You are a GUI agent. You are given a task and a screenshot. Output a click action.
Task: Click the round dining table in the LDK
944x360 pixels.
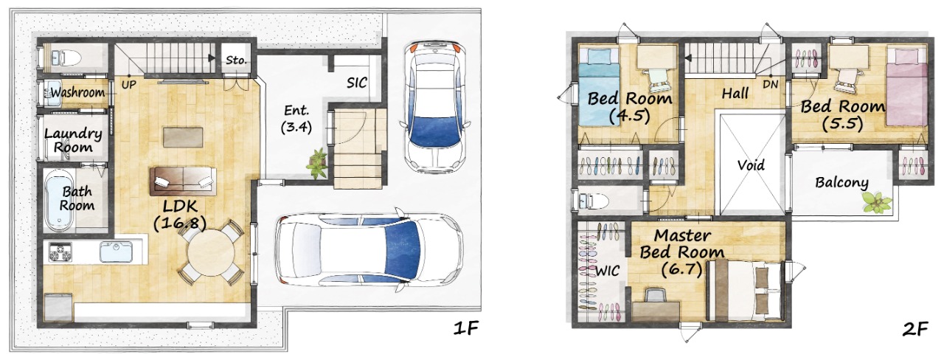click(x=211, y=253)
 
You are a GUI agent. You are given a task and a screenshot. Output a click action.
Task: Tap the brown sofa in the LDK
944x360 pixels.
click(x=182, y=181)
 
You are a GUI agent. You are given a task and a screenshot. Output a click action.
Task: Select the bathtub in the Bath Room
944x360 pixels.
click(x=59, y=201)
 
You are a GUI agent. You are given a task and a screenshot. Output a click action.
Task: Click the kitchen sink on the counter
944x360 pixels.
click(x=116, y=252)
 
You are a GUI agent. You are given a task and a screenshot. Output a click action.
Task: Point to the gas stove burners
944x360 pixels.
click(x=60, y=252)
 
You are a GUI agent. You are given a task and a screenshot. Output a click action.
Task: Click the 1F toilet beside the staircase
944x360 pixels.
click(x=66, y=58)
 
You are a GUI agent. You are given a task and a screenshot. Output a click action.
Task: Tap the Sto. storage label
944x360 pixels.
click(x=235, y=60)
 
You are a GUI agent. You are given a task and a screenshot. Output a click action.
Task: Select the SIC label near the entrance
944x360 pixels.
click(x=356, y=83)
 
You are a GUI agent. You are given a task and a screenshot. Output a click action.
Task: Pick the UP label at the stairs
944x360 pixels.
click(x=129, y=85)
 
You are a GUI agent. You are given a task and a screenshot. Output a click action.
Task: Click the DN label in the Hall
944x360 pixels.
click(x=771, y=84)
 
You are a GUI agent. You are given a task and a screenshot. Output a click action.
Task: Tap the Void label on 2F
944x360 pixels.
click(x=751, y=165)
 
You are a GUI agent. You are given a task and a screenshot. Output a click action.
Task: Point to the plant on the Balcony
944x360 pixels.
click(x=877, y=202)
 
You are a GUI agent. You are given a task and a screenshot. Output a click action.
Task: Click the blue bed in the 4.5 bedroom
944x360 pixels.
click(x=598, y=88)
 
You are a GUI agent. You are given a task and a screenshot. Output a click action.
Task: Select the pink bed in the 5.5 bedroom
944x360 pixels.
click(x=907, y=87)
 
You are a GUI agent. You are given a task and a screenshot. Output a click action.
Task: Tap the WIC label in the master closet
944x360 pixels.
click(x=607, y=271)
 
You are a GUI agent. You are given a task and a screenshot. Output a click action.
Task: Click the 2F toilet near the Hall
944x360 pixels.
click(x=592, y=201)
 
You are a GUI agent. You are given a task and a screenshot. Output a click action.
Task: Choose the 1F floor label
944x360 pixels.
click(x=466, y=328)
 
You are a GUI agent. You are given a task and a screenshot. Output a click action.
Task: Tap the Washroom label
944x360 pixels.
click(x=77, y=92)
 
